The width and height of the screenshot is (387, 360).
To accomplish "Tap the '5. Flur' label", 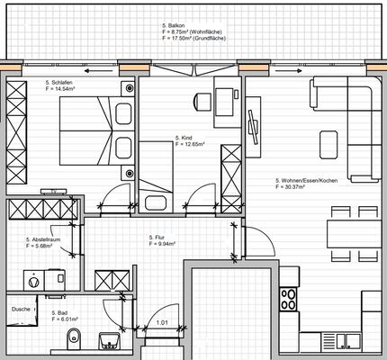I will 162,237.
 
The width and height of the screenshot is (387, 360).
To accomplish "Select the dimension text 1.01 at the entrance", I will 162,322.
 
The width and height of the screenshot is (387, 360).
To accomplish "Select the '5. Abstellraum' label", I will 45,240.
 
